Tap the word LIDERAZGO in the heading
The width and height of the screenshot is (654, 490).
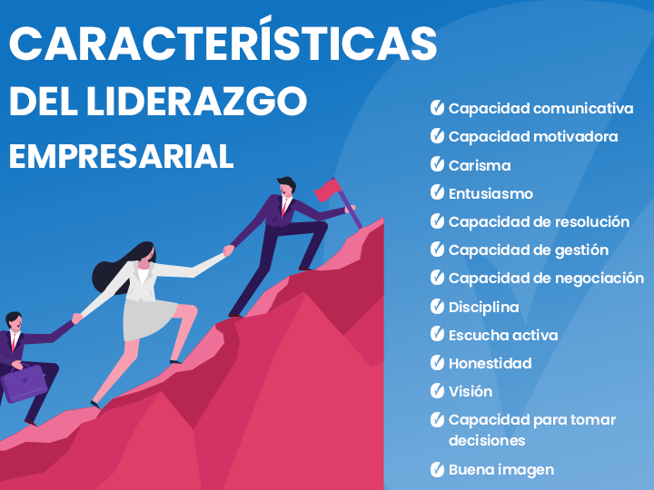coord(196,102)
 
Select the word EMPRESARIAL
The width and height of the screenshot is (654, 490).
coord(122,156)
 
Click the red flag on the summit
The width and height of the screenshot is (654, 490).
coord(328,190)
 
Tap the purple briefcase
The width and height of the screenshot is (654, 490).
coord(25,383)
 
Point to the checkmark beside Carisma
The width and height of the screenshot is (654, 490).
coord(437,164)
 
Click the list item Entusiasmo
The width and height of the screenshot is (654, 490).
coord(490,194)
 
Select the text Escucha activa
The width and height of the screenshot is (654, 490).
coord(503,335)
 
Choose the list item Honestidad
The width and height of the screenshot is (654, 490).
coord(490,363)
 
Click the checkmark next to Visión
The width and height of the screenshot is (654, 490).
coord(437,391)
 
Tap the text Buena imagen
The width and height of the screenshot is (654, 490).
coord(501,470)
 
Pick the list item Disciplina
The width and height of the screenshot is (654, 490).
coord(484,307)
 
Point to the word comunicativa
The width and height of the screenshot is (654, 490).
coord(583,108)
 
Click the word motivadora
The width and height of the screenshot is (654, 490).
coord(576,137)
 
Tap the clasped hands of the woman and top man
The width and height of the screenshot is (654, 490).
coord(229,250)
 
